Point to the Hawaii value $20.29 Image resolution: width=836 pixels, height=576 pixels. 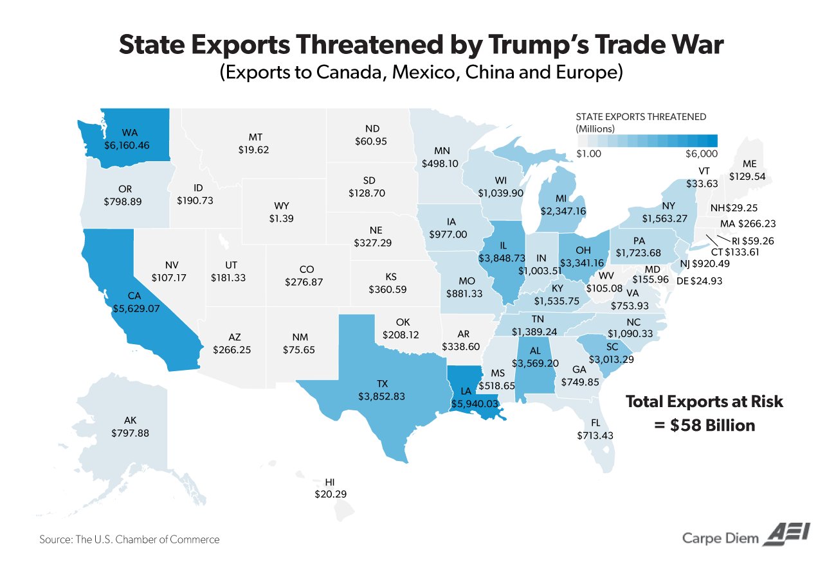(x=331, y=494)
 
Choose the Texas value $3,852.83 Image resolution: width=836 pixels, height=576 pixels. (x=381, y=396)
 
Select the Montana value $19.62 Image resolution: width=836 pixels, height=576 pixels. (x=253, y=149)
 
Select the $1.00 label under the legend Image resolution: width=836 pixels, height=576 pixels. (x=588, y=153)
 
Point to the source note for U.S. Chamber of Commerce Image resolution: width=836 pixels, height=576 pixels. (x=129, y=539)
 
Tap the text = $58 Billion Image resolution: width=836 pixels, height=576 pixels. (x=705, y=425)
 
